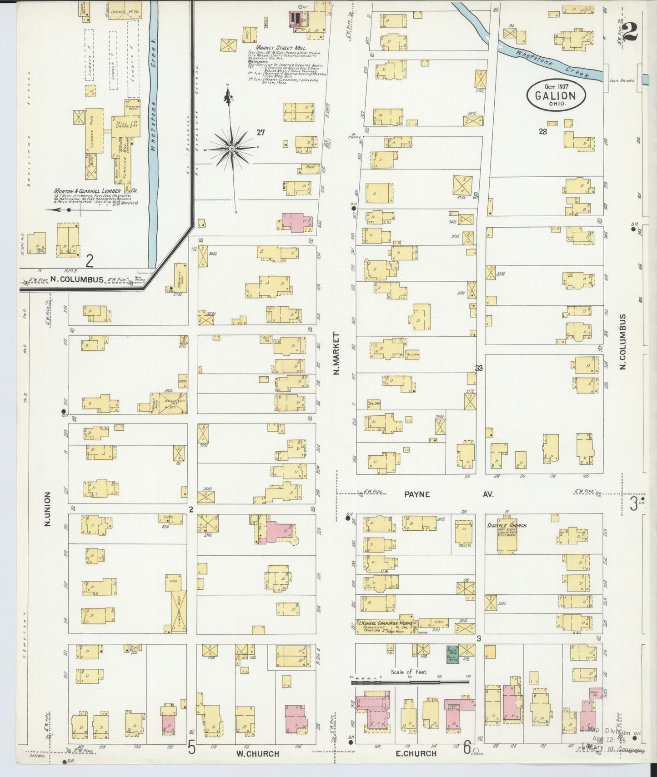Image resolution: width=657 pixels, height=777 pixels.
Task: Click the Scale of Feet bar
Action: (x=410, y=682)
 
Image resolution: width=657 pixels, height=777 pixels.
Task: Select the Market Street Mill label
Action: (x=280, y=47)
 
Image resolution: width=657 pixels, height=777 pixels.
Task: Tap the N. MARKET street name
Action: (x=337, y=354)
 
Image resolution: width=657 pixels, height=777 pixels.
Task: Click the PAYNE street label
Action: (x=417, y=494)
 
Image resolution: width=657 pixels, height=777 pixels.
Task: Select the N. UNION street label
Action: (x=48, y=509)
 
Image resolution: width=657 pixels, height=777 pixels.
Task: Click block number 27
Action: (x=260, y=133)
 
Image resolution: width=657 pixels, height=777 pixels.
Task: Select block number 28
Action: (x=542, y=132)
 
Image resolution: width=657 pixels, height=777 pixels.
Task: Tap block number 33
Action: (x=479, y=368)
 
